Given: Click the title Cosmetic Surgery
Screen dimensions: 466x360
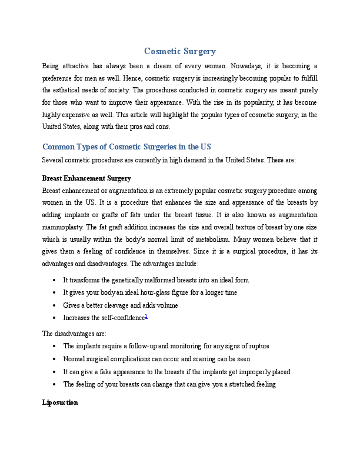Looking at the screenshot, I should click(180, 52).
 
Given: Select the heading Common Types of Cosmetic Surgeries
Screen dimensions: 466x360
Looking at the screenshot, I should click(126, 147).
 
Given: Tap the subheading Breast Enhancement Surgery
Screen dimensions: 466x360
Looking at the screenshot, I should click(86, 178).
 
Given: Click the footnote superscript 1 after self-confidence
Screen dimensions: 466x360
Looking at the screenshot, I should click(146, 317).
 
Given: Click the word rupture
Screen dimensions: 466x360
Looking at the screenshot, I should click(256, 346).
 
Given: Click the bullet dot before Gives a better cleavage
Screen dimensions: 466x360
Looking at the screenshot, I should click(54, 305).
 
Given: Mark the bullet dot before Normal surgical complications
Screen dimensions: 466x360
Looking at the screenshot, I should click(54, 359).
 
